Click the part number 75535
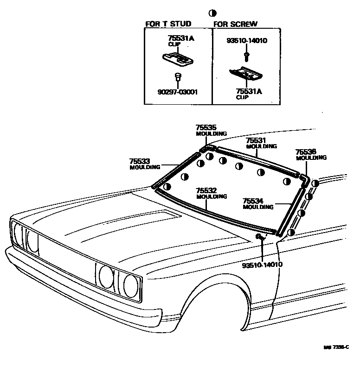206,127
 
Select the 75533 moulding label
140,161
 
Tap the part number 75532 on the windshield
206,190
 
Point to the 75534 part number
253,201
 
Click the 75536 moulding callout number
306,151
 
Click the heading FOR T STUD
168,24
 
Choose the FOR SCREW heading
235,24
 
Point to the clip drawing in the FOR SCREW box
245,73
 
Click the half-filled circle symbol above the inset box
212,13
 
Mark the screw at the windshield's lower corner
260,237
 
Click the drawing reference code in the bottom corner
336,360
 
